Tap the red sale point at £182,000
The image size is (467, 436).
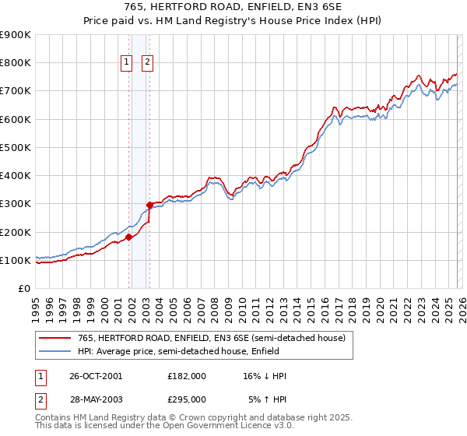click(128, 237)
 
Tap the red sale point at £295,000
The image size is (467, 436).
click(150, 206)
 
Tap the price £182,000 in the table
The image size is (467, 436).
click(187, 375)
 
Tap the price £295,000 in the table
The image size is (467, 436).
click(187, 399)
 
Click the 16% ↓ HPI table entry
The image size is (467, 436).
click(265, 375)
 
